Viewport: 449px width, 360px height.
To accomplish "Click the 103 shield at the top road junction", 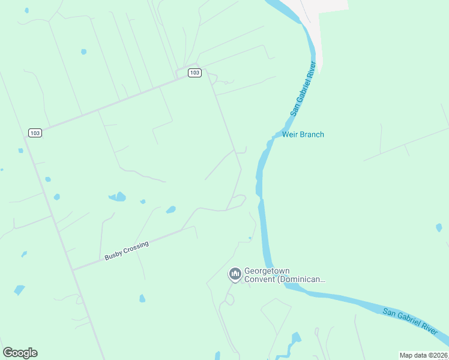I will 194,73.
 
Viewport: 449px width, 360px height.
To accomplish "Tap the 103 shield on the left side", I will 35,133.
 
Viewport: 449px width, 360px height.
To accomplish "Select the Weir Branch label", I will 303,134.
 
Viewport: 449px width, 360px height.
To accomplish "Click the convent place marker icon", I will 235,275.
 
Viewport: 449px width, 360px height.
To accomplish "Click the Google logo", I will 20,353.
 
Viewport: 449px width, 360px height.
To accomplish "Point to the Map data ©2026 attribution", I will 423,355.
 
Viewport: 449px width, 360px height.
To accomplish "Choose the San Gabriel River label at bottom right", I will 415,322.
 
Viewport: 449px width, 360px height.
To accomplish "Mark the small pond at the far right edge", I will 439,227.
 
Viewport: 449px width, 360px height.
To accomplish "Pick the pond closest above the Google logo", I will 19,290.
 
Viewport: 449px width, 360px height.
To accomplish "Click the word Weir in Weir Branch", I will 290,134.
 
